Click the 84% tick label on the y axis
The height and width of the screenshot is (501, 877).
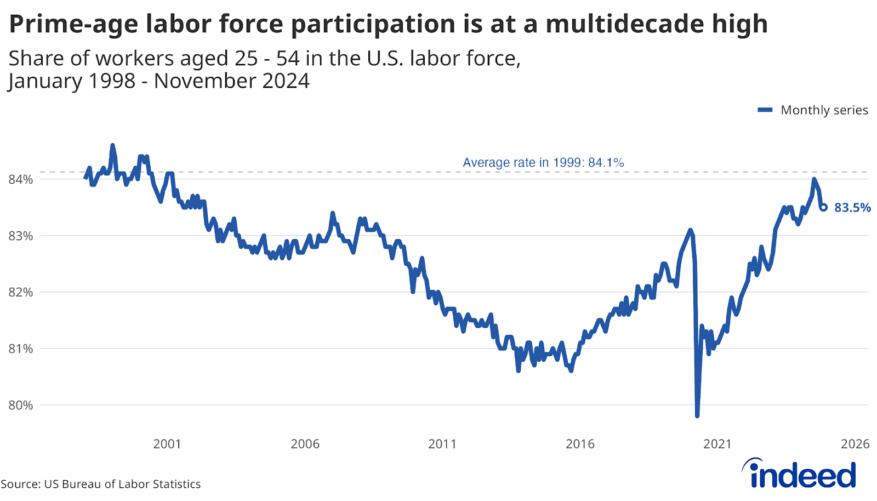coord(21,179)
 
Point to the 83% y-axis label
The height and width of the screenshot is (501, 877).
coord(21,236)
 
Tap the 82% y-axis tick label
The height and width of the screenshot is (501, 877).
coord(21,292)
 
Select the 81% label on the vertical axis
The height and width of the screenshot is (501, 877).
coord(21,349)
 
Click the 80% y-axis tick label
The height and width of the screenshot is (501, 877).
coord(21,405)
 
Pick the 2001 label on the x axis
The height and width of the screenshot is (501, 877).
coord(167,444)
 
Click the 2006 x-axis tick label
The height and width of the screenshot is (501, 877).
coord(305,444)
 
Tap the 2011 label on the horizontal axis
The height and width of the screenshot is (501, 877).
coord(442,444)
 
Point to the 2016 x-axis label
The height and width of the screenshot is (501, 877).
coord(580,444)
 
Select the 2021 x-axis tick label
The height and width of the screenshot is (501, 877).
coord(717,444)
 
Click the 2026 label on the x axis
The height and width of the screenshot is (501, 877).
coord(855,444)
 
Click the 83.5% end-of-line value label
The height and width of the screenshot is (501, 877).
coord(852,208)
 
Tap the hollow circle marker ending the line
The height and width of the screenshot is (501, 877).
coord(823,207)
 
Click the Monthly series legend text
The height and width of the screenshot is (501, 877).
coord(824,110)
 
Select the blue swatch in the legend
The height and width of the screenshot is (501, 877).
coord(765,110)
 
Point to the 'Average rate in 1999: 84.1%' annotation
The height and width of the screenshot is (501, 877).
coord(543,163)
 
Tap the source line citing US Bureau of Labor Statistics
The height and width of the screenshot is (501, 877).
coord(101,484)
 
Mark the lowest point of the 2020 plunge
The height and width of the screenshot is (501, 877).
coord(697,416)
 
